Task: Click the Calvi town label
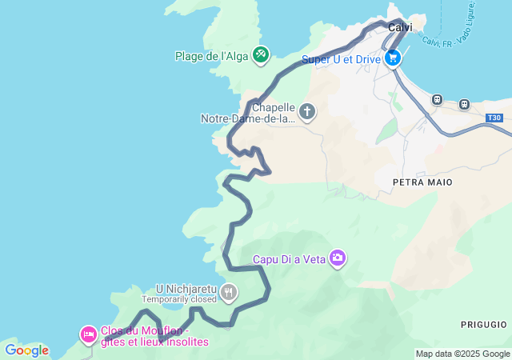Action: click(400, 27)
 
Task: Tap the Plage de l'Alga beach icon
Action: click(260, 55)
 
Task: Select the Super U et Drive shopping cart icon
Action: click(393, 58)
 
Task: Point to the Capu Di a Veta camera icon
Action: click(338, 258)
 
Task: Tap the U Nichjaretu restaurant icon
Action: click(230, 293)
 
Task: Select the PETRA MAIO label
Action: click(422, 182)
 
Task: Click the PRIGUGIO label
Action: click(483, 324)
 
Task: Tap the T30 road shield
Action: click(494, 118)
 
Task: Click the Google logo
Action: click(26, 350)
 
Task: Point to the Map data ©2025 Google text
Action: click(462, 354)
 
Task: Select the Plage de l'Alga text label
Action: click(211, 56)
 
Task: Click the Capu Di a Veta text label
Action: click(288, 258)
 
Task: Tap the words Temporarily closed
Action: click(179, 299)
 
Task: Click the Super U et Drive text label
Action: click(342, 59)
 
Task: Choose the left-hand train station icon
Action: click(437, 100)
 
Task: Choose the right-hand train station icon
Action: click(463, 104)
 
